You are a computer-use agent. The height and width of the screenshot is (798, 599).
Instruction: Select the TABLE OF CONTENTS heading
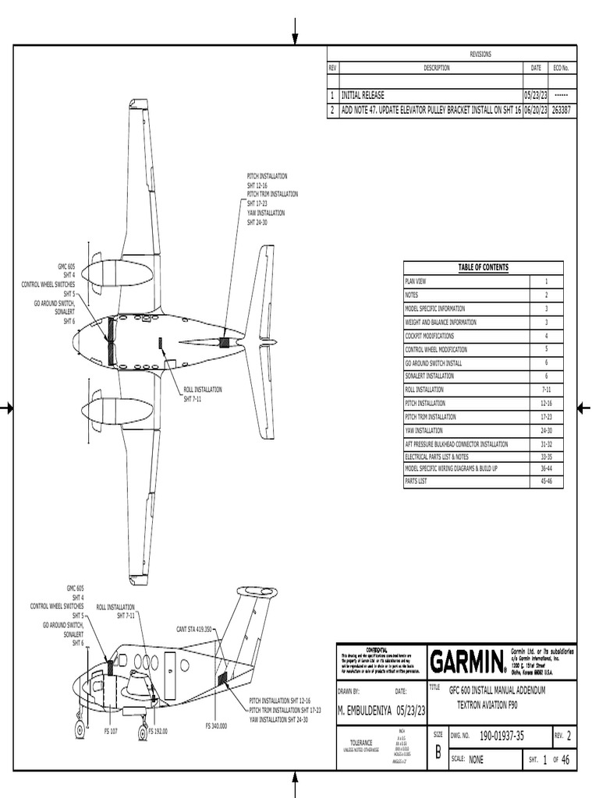pos(483,267)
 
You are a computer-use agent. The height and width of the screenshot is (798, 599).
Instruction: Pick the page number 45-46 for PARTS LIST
pos(546,482)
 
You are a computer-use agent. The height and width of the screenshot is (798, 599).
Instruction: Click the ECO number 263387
pos(561,111)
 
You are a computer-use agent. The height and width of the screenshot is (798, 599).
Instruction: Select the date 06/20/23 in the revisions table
pos(536,111)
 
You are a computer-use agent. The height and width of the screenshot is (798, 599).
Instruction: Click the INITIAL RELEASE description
pos(363,95)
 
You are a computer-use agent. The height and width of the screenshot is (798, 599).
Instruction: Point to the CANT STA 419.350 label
pos(194,628)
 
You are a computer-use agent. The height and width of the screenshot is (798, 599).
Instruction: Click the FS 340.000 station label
pos(216,726)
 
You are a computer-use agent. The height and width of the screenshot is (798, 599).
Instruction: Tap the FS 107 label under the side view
pos(112,732)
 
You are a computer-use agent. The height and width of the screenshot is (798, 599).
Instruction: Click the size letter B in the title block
pos(438,752)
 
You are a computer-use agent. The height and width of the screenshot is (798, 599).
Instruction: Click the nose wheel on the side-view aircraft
pos(80,729)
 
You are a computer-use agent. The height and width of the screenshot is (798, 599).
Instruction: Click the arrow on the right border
pos(585,408)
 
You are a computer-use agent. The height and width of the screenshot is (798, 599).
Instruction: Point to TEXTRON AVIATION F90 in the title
pos(487,704)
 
